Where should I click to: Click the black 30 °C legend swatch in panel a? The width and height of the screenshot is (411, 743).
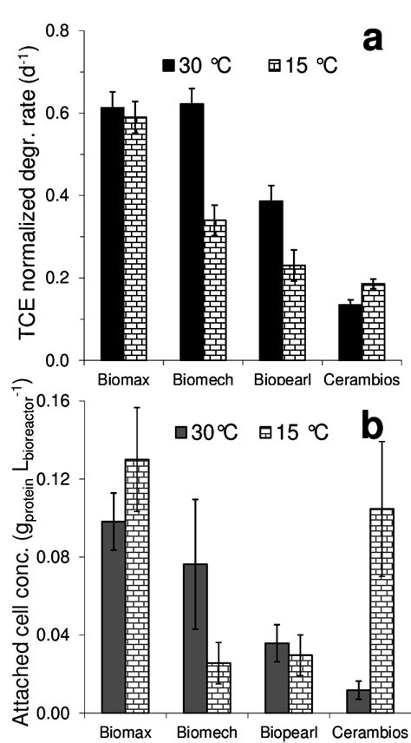click(x=170, y=65)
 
